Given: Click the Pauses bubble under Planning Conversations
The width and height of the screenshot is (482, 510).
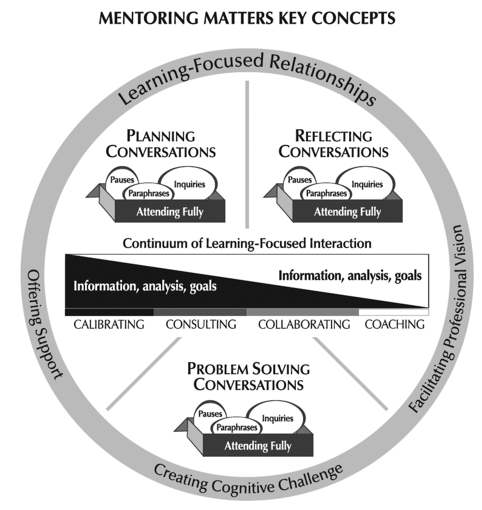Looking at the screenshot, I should [122, 180].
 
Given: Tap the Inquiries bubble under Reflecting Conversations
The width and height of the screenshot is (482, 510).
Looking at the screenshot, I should [367, 184].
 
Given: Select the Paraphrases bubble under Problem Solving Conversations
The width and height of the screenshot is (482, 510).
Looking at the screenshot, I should [237, 427].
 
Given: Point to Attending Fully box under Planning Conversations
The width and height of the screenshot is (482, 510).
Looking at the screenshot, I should [170, 212].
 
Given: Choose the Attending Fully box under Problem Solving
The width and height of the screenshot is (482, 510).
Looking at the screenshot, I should [258, 446].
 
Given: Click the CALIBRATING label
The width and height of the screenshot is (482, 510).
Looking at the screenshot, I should [109, 325].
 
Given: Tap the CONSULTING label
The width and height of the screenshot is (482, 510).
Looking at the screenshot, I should [201, 325].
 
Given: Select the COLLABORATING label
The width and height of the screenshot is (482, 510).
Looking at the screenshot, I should [304, 325].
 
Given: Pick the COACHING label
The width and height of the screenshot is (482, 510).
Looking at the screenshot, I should [395, 325].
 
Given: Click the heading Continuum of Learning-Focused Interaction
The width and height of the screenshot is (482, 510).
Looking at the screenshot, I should [247, 243].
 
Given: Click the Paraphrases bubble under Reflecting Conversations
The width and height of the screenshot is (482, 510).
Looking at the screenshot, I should [326, 193].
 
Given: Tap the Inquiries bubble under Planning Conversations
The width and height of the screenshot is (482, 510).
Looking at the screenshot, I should [189, 184].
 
